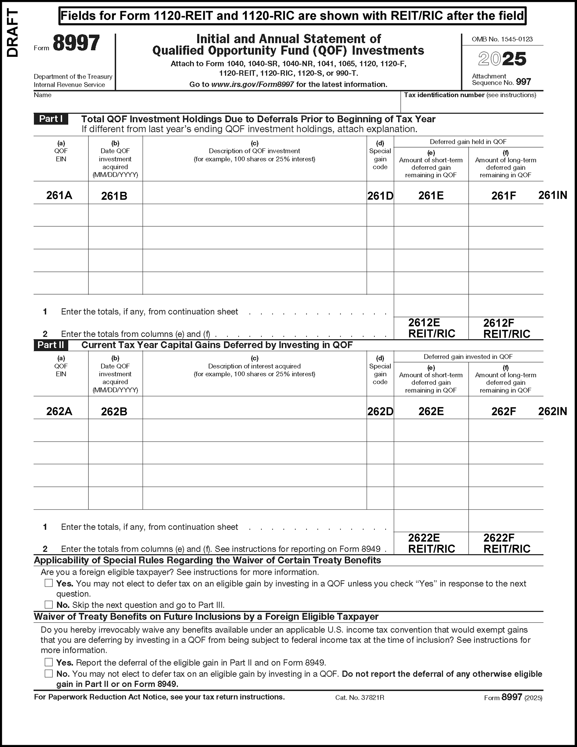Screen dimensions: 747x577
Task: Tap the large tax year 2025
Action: click(502, 59)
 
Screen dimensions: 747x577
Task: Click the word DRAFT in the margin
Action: click(13, 33)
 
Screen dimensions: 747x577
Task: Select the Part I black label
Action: click(51, 119)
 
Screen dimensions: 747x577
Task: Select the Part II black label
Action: click(51, 345)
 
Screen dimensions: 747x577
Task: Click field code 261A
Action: click(59, 195)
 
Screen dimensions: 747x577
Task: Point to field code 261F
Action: click(503, 196)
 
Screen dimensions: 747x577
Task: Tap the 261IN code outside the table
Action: click(552, 195)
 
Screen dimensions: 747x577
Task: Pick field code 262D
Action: click(380, 411)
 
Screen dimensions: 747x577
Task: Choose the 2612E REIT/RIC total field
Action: click(431, 328)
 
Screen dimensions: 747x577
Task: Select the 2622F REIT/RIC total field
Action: click(507, 543)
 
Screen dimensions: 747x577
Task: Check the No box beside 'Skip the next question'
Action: click(49, 605)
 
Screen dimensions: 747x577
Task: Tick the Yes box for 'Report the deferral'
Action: click(49, 663)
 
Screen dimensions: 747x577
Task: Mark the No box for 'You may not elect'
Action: click(49, 673)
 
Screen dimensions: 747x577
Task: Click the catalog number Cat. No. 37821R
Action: click(360, 697)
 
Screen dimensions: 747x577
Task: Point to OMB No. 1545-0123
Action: click(502, 39)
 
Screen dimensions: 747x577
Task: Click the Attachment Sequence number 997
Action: click(523, 82)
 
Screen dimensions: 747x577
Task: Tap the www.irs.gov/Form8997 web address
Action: click(252, 84)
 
